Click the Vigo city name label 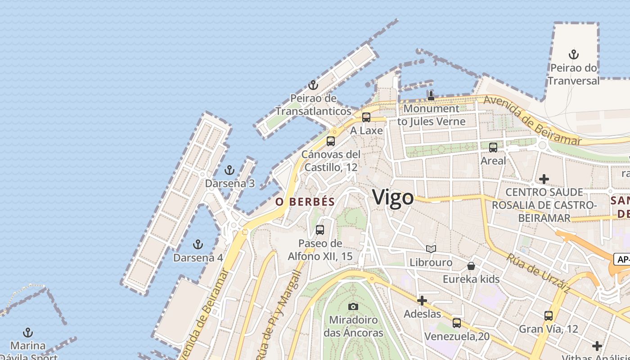pos(393,198)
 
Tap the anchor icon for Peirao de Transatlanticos pos(313,85)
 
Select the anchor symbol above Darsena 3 pos(229,170)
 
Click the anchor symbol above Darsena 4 pos(198,244)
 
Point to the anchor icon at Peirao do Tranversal pos(573,54)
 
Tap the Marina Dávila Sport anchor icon pos(28,333)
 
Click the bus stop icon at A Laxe pos(366,117)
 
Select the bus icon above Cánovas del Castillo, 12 pos(331,141)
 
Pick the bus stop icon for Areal pos(493,148)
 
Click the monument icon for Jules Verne pos(431,95)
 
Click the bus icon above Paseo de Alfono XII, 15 pos(320,230)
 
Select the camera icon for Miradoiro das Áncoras pos(353,306)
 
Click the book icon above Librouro pos(431,249)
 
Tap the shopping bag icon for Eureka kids pos(471,266)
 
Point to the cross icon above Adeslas pos(422,301)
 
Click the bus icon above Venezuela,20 pos(457,323)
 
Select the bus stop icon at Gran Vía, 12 pos(548,316)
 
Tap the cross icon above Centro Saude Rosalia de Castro pos(544,179)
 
